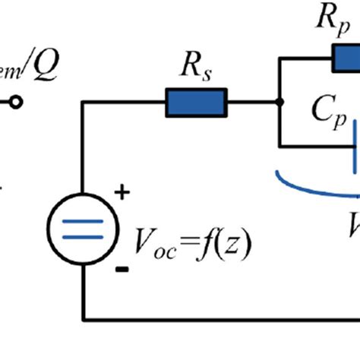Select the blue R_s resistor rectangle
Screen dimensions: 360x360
pyautogui.click(x=196, y=102)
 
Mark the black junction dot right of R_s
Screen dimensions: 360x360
pyautogui.click(x=280, y=102)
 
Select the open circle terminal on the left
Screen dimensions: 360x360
pyautogui.click(x=15, y=102)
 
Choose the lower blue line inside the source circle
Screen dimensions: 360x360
pyautogui.click(x=83, y=236)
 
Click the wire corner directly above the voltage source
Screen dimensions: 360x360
pyautogui.click(x=83, y=102)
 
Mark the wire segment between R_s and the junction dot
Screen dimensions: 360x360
pyautogui.click(x=253, y=102)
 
